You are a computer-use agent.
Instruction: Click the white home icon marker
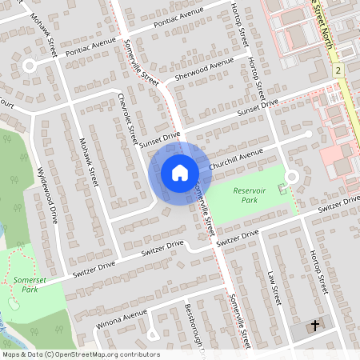click(x=179, y=172)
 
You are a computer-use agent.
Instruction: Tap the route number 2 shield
click(x=339, y=71)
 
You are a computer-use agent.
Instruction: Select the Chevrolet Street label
click(x=128, y=118)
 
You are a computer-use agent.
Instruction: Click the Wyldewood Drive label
click(x=48, y=194)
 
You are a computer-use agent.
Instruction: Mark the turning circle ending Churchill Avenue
click(x=291, y=176)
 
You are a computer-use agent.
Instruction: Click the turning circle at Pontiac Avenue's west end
click(x=30, y=66)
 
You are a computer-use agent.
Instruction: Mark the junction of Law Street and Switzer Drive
click(x=265, y=230)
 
